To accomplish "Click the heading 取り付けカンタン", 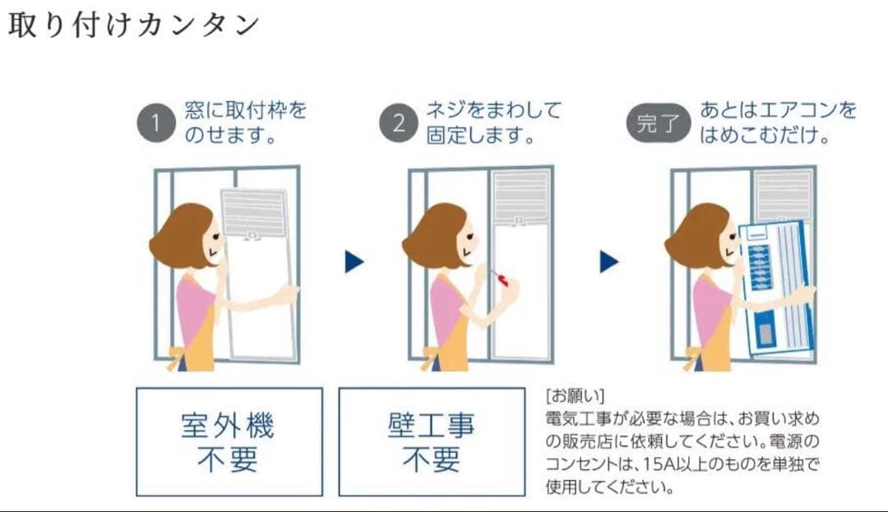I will point(133,25).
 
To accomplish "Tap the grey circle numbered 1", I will point(155,124).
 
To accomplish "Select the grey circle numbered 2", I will point(398,124).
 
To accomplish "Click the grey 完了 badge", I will point(658,124).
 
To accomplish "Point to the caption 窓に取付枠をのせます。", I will point(244,122).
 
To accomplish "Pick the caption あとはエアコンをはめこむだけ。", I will point(777,122).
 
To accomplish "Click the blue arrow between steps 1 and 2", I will point(354,262).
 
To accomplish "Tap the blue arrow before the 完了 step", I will point(609,262).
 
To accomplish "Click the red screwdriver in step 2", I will point(499,278).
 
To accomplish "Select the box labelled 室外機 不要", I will point(229,442).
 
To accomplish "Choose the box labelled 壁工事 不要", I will point(432,442).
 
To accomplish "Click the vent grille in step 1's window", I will point(254,211).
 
